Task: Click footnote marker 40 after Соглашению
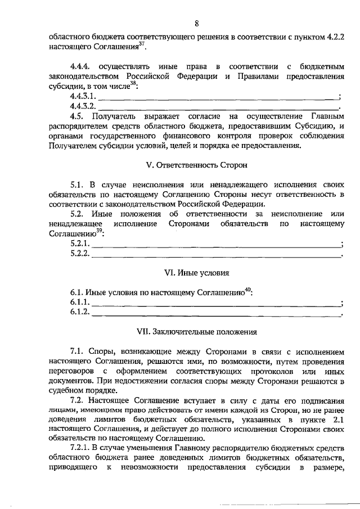(247, 290)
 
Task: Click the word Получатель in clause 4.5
(115, 116)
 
